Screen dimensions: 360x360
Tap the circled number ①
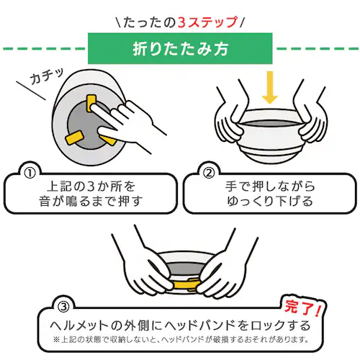(x=30, y=174)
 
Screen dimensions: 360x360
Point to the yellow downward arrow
(x=269, y=88)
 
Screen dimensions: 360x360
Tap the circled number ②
(x=208, y=174)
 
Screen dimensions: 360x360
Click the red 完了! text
(x=302, y=308)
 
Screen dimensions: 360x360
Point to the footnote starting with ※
(x=180, y=338)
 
